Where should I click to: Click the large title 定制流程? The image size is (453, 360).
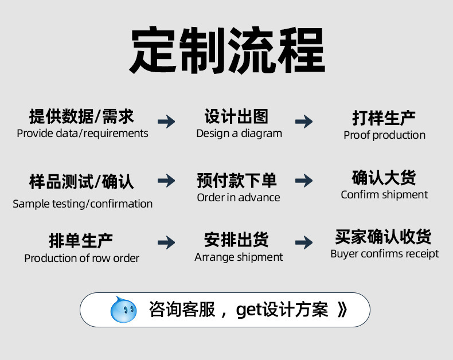226,50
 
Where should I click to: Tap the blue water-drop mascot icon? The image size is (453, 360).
123,310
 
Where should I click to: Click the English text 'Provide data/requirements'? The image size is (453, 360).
83,134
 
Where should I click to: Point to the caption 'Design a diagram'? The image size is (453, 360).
239,134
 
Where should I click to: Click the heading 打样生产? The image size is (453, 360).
384,118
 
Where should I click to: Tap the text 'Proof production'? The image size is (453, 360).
384,135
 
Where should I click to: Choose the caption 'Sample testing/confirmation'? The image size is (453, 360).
83,204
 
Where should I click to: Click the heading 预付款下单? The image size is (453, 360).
237,181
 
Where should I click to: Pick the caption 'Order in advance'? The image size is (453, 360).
239,197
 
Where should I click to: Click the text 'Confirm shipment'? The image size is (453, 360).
384,195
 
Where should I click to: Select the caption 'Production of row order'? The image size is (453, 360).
81,259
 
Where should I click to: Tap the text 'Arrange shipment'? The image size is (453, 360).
239,257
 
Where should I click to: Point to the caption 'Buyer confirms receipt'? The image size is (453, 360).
384,253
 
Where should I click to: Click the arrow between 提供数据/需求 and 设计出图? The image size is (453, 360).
166,121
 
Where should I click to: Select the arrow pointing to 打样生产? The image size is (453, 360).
304,121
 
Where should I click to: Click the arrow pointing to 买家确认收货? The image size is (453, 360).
304,242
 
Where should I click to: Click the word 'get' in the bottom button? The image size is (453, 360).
249,310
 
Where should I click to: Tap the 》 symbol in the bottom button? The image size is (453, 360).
342,310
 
